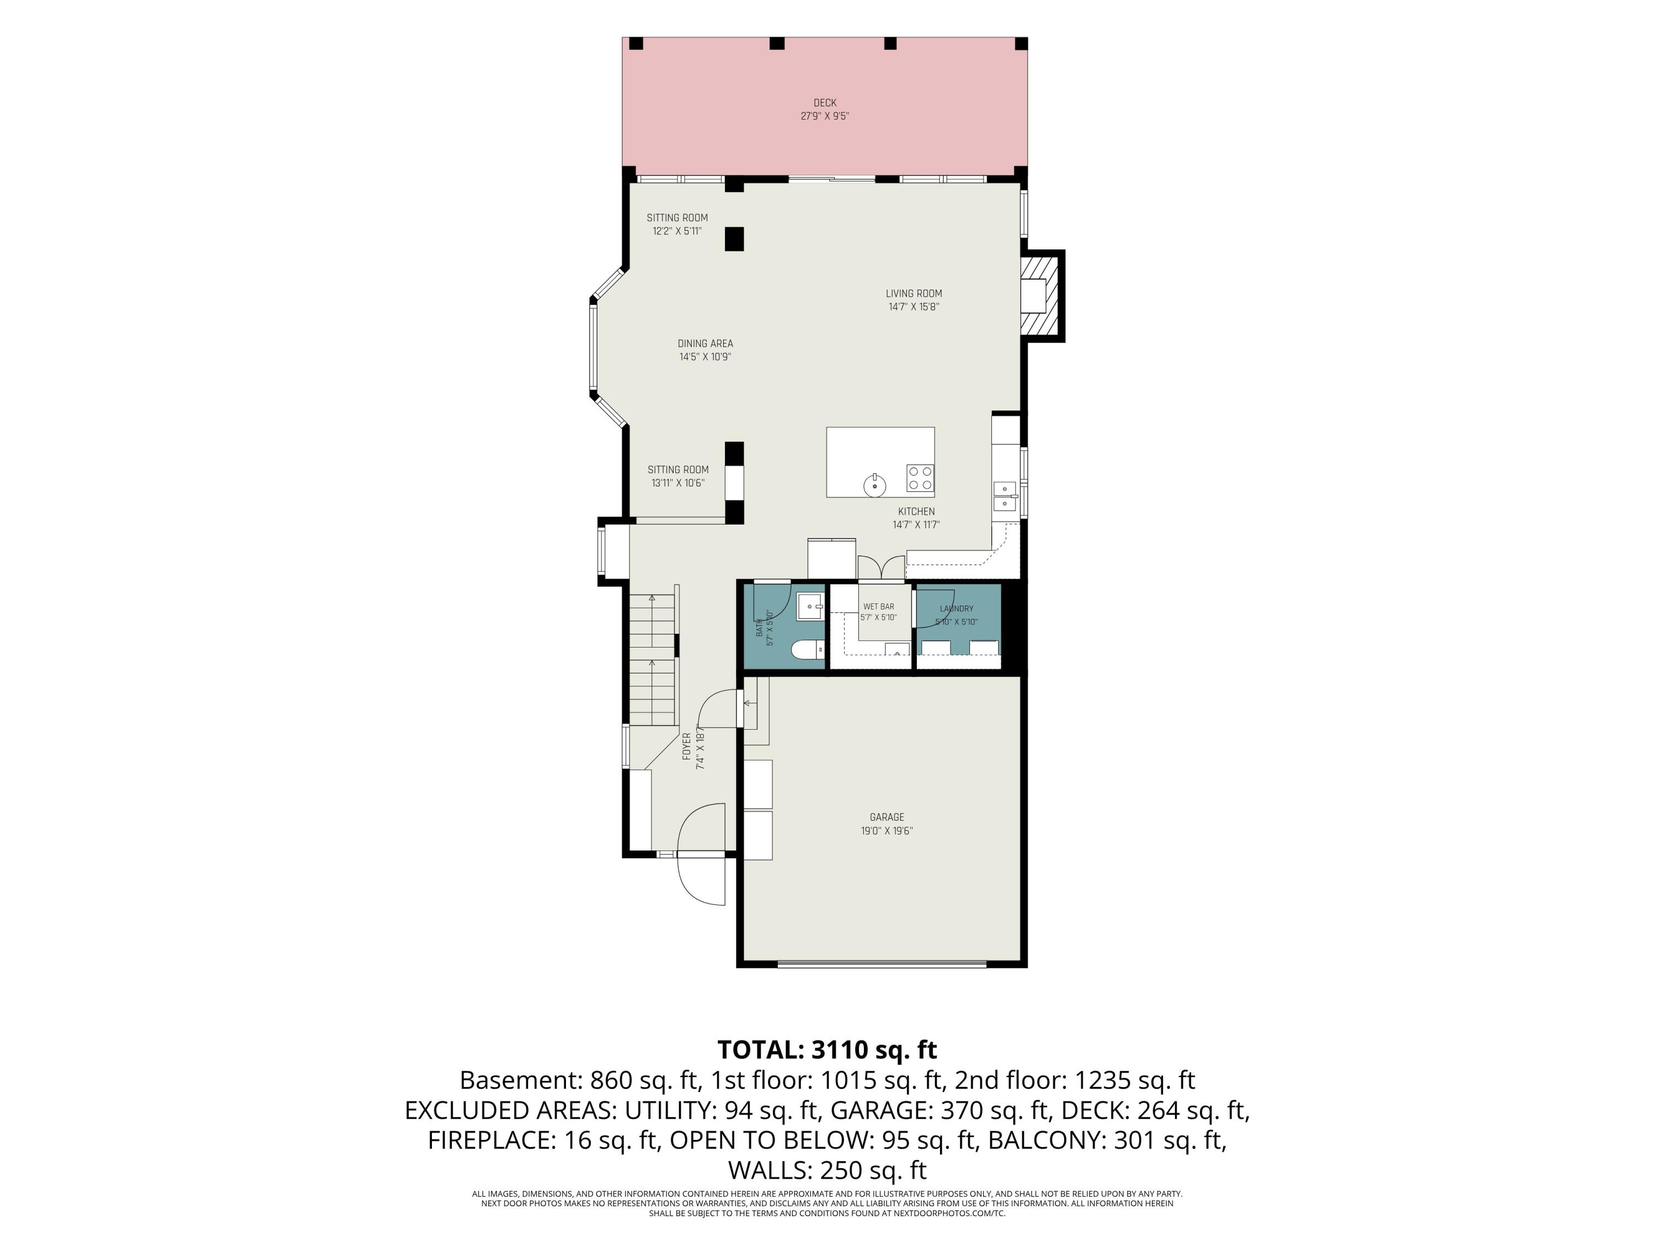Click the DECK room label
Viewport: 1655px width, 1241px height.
point(825,103)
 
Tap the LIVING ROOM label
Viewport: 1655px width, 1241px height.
point(914,294)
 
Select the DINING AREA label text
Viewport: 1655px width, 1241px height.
point(705,344)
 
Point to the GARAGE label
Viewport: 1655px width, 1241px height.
point(887,817)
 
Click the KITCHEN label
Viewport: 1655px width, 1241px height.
point(916,512)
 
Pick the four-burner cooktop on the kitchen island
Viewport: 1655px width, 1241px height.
point(920,479)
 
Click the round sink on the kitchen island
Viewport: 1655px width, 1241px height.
point(874,485)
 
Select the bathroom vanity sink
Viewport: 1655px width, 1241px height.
point(810,606)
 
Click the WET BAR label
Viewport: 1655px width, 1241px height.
point(878,607)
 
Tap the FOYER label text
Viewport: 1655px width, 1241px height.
point(687,747)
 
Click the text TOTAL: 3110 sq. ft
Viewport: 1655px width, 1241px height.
point(827,1050)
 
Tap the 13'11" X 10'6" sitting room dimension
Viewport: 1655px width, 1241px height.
point(678,483)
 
